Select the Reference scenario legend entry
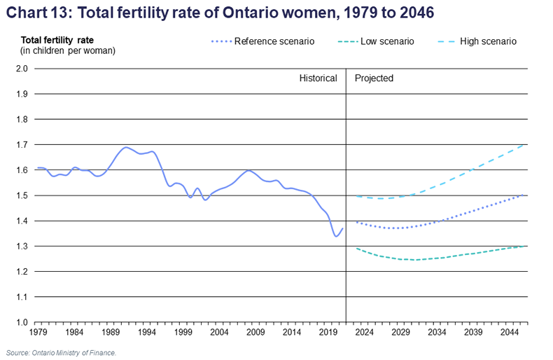(x=273, y=41)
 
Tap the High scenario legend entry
(x=487, y=41)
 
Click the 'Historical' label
(x=318, y=78)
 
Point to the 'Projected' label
(x=374, y=78)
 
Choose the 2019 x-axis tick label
(x=327, y=333)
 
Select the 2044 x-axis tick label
(x=509, y=333)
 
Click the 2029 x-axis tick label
(x=400, y=333)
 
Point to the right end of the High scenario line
(x=526, y=145)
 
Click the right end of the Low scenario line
(x=526, y=246)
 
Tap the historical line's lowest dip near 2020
(x=336, y=236)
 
